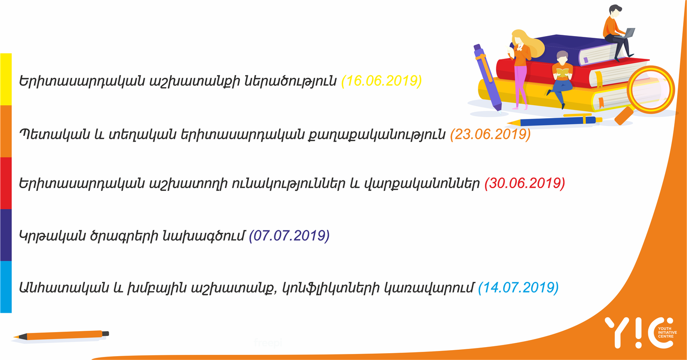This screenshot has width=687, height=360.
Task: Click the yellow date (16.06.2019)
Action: [382, 81]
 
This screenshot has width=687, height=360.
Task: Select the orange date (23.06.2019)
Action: [490, 134]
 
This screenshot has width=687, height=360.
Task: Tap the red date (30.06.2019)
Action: [525, 183]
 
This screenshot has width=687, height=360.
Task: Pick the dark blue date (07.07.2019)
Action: [289, 235]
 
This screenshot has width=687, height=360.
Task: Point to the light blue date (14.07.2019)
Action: [518, 287]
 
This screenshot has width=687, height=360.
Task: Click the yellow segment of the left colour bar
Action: [6, 79]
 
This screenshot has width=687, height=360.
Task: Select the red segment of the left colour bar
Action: [6, 183]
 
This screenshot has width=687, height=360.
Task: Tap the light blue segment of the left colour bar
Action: [6, 287]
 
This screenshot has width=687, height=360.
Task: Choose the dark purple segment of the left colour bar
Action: [6, 235]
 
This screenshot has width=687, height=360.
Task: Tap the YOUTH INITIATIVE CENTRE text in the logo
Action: [667, 333]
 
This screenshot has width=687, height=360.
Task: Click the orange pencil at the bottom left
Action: [61, 335]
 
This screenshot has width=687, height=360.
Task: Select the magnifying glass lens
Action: [651, 90]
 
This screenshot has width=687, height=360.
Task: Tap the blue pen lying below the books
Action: [554, 121]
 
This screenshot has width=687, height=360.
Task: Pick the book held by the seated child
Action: [562, 73]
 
